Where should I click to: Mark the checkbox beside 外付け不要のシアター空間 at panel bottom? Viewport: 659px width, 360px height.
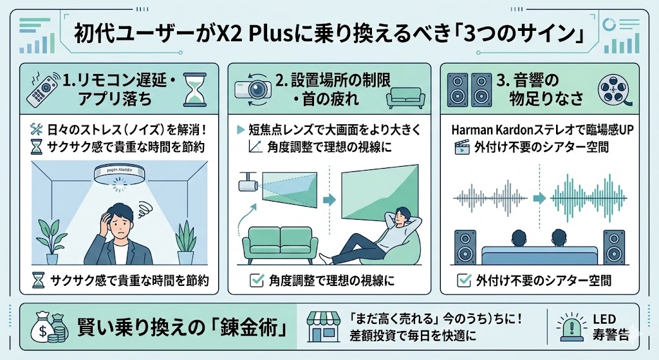pos(461,280)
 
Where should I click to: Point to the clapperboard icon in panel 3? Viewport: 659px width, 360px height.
pos(461,147)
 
